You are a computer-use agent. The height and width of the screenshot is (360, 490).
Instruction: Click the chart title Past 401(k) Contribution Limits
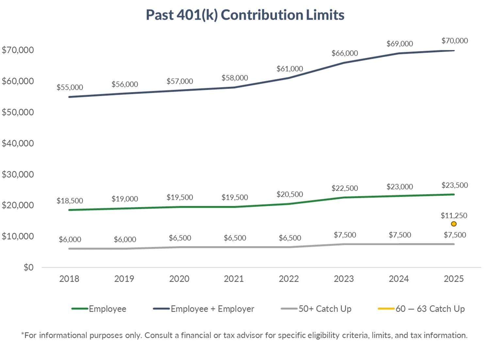245,15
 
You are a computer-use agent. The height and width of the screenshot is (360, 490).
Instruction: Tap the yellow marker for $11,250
454,224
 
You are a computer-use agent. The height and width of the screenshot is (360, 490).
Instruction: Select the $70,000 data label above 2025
454,41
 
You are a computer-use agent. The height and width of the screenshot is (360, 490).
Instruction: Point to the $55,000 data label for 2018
70,87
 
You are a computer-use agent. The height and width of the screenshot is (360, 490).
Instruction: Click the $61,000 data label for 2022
290,69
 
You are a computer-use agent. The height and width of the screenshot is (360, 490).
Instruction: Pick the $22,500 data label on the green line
345,188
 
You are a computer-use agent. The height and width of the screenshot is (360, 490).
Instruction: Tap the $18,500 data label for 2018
70,201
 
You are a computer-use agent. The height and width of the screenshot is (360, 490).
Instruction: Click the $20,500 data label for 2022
290,195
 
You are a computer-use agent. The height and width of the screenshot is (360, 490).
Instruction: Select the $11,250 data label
454,215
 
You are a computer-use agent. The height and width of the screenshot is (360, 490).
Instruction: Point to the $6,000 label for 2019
125,239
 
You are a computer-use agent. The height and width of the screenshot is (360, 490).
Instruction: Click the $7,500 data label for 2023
345,235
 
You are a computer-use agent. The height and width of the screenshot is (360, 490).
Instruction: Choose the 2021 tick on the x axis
234,279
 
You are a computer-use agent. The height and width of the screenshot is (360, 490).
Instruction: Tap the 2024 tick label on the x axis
399,279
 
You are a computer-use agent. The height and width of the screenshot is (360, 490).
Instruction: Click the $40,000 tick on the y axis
18,143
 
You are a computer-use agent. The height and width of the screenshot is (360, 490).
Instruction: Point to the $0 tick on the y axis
28,267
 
